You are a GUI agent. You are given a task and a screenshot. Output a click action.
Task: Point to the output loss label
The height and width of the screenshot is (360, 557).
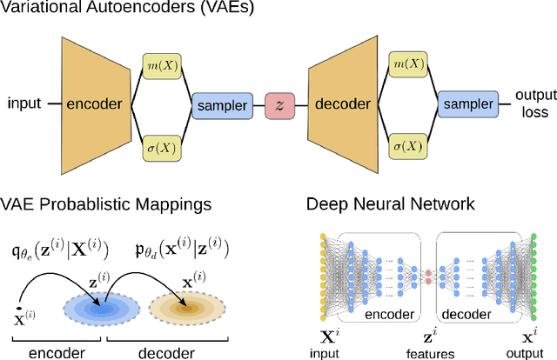tap(532, 103)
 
